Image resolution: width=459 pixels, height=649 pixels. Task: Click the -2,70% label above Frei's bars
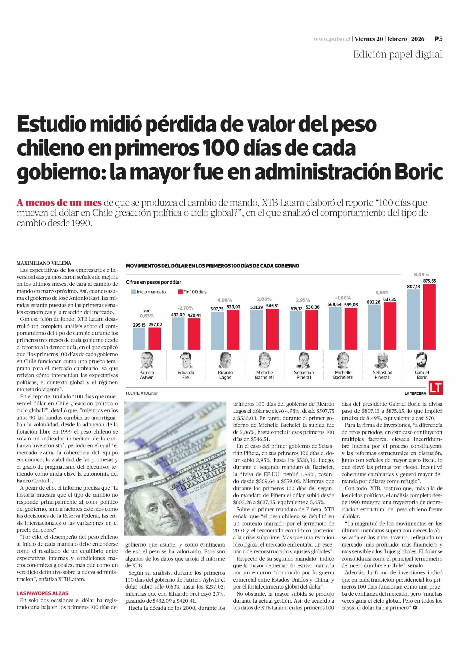click(x=185, y=308)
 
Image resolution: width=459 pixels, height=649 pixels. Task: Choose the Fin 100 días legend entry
click(x=192, y=292)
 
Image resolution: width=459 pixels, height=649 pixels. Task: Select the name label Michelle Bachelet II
click(x=343, y=375)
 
